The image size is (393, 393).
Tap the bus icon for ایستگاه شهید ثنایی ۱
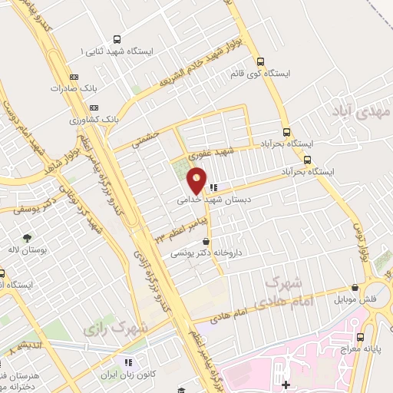click(x=117, y=39)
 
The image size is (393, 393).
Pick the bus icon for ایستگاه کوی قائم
click(x=261, y=62)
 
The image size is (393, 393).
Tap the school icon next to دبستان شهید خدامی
click(x=214, y=187)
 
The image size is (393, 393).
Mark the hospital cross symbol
click(x=286, y=384)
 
